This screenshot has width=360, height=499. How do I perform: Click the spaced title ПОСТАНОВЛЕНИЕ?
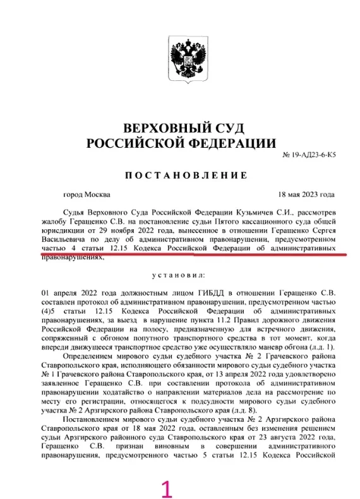tap(181, 174)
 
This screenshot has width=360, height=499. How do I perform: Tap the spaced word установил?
tap(181, 276)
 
